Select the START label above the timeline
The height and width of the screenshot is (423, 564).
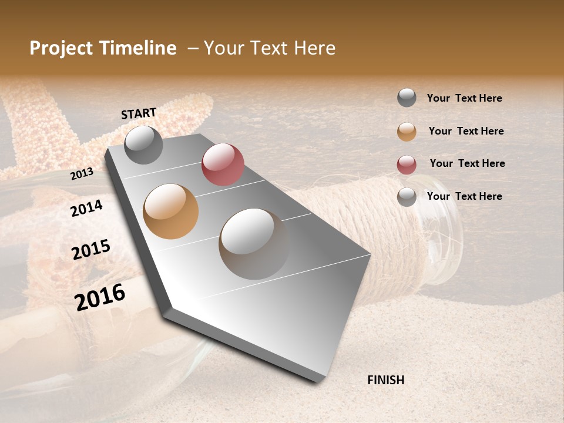[139, 113]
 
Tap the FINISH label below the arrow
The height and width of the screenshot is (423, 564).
[385, 380]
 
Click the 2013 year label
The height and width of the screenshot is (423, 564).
[82, 173]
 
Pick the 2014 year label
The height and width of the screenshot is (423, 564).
[86, 208]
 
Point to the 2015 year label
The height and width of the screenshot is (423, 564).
[91, 250]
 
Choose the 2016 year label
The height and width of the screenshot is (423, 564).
[100, 297]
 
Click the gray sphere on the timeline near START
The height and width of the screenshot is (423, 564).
[143, 145]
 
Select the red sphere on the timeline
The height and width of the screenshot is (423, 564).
[223, 164]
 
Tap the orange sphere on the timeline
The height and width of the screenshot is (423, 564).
[170, 211]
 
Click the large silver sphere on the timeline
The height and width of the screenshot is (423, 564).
[254, 244]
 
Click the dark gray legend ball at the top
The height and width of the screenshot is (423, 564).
[407, 98]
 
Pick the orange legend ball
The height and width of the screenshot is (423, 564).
[407, 132]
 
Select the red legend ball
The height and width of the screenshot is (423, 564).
[407, 164]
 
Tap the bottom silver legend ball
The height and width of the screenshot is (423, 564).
[407, 197]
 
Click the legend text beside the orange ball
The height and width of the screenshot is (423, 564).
[466, 131]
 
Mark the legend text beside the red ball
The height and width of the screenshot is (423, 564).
[467, 163]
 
